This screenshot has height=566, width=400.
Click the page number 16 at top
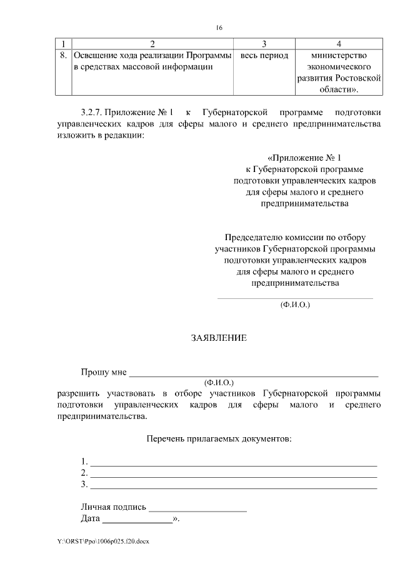(219, 28)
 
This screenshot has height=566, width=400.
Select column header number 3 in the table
(264, 44)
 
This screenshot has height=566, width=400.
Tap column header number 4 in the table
(338, 44)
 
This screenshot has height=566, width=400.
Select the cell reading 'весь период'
(264, 56)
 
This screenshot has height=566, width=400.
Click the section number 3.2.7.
(92, 113)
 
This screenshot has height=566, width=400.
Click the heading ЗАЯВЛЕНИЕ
(219, 338)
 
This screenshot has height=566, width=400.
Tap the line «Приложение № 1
(306, 158)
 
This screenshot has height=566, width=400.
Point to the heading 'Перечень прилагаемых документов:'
(219, 439)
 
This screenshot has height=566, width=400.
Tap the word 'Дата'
(91, 519)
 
